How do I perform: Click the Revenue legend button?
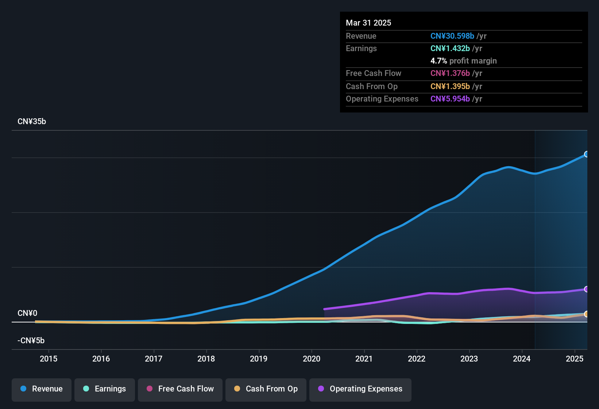[42, 389]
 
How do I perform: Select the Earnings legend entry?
[105, 389]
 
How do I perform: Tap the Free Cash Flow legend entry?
[180, 389]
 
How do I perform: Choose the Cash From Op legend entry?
[266, 389]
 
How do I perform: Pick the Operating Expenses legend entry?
[360, 389]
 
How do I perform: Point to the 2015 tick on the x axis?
[49, 359]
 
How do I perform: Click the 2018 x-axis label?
[206, 359]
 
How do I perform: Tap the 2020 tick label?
[312, 359]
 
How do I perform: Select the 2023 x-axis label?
[469, 359]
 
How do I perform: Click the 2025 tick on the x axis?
[575, 359]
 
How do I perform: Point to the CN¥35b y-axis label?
[32, 122]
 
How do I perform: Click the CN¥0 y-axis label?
[27, 313]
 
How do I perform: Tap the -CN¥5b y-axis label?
[31, 341]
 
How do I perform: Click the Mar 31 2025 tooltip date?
[368, 23]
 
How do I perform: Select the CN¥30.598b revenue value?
[452, 36]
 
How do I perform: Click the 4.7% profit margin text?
[463, 61]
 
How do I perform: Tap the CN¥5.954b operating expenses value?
[450, 99]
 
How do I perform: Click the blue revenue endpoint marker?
[586, 154]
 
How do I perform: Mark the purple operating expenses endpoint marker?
[586, 289]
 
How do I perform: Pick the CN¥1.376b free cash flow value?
[450, 73]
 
